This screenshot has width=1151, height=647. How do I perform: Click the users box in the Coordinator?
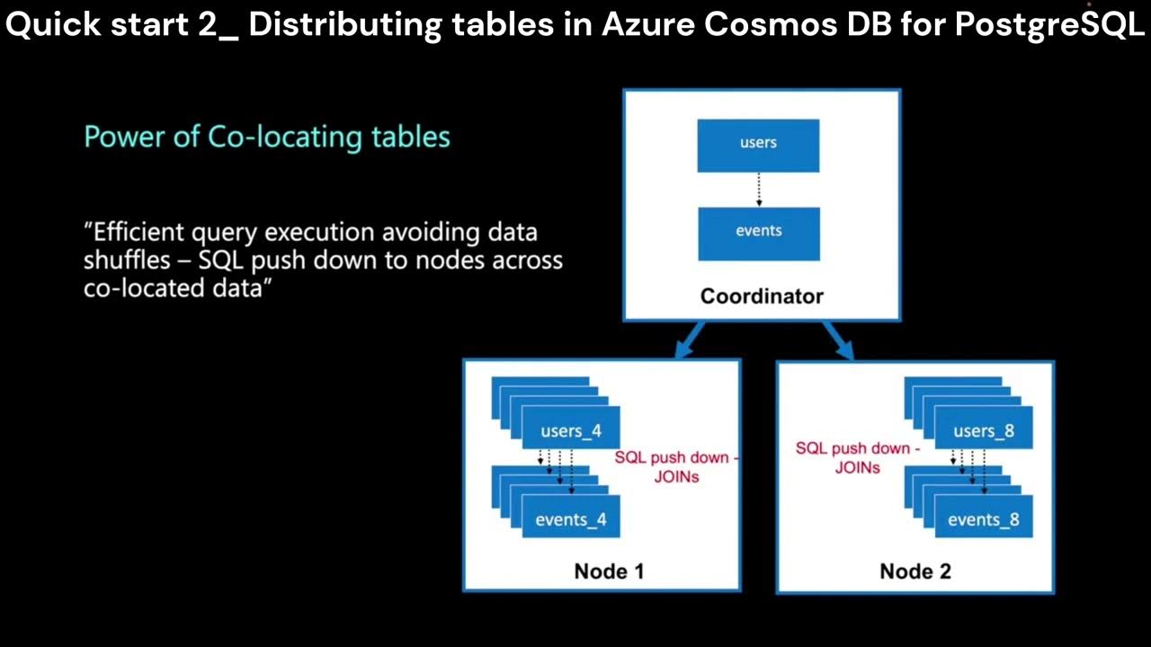click(758, 144)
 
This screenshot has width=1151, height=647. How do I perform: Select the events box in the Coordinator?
click(758, 232)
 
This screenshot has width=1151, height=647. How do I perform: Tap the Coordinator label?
click(762, 296)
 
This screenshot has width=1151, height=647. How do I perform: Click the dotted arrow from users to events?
click(759, 190)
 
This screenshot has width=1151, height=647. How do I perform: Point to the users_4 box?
click(571, 430)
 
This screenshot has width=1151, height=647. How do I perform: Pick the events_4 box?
click(571, 519)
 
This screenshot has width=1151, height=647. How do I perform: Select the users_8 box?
click(983, 430)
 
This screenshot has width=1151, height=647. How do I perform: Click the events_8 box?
click(983, 519)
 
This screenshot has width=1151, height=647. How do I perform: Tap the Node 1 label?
click(609, 571)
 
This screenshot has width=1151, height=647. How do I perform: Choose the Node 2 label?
click(915, 571)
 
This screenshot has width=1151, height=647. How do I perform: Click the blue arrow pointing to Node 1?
click(690, 341)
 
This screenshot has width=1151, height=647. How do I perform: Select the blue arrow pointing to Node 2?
click(837, 341)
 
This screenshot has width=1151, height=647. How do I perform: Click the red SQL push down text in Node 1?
click(676, 466)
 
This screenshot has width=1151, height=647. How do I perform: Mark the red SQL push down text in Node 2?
click(857, 457)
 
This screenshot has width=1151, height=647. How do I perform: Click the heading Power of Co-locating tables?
click(267, 137)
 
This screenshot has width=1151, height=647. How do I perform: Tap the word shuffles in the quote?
click(125, 261)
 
